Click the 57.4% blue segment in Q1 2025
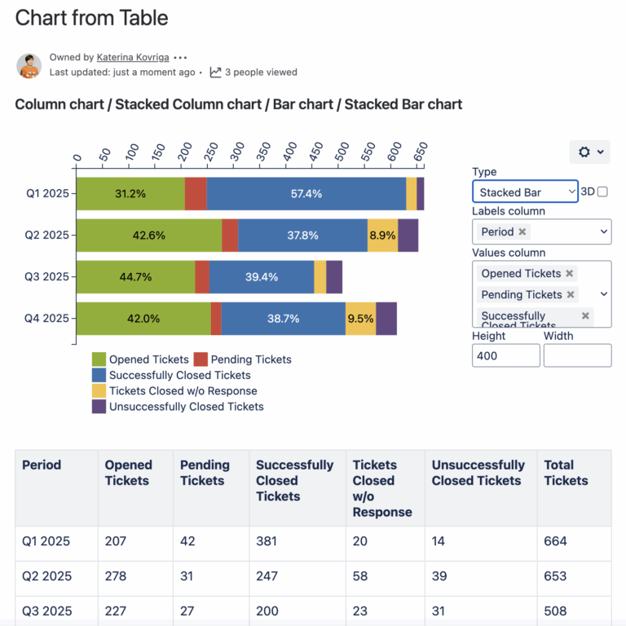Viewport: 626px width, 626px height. point(306,194)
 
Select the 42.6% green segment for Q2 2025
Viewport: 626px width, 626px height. point(148,236)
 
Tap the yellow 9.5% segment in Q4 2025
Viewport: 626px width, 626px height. point(360,319)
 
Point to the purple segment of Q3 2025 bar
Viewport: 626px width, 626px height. point(334,277)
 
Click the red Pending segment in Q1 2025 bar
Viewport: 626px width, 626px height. point(196,194)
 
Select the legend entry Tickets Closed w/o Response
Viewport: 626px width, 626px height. point(183,390)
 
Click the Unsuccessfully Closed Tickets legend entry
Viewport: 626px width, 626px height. point(186,406)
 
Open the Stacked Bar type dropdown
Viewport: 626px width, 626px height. point(525,192)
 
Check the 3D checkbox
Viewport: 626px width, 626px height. point(602,192)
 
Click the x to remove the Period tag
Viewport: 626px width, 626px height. point(522,231)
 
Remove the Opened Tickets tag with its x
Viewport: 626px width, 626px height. point(570,274)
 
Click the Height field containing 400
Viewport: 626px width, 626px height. point(505,355)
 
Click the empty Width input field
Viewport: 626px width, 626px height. point(577,355)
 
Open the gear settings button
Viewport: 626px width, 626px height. point(590,152)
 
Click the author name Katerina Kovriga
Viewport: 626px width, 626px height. point(132,57)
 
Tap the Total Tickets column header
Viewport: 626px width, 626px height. point(566,473)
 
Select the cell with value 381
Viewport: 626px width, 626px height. point(267,541)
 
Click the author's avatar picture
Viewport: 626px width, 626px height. point(29,65)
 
